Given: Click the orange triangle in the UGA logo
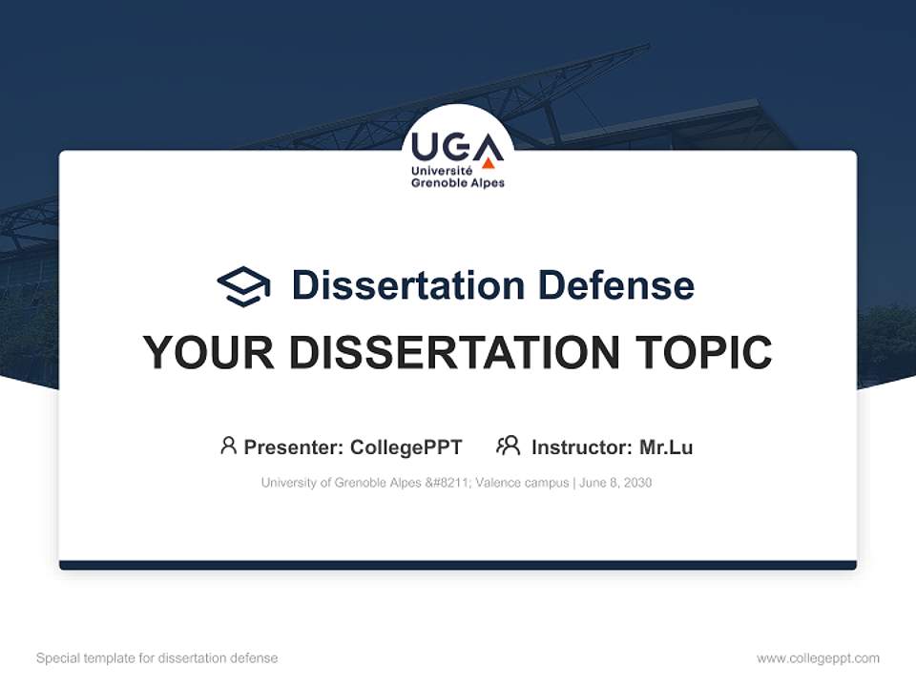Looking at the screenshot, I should [489, 161].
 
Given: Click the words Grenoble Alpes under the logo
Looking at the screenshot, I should [457, 182].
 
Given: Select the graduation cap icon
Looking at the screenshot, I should [243, 286].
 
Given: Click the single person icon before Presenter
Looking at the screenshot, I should [228, 446].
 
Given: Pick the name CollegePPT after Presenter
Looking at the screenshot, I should [406, 448].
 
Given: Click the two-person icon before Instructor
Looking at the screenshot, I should [509, 446].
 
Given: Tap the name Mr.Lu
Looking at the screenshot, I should [666, 448].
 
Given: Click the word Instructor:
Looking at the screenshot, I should [581, 448].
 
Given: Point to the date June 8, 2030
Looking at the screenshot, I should [616, 483].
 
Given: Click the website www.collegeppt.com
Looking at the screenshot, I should [818, 658].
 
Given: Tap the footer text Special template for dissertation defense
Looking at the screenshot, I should [157, 658].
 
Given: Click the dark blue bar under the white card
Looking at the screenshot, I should [458, 565].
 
